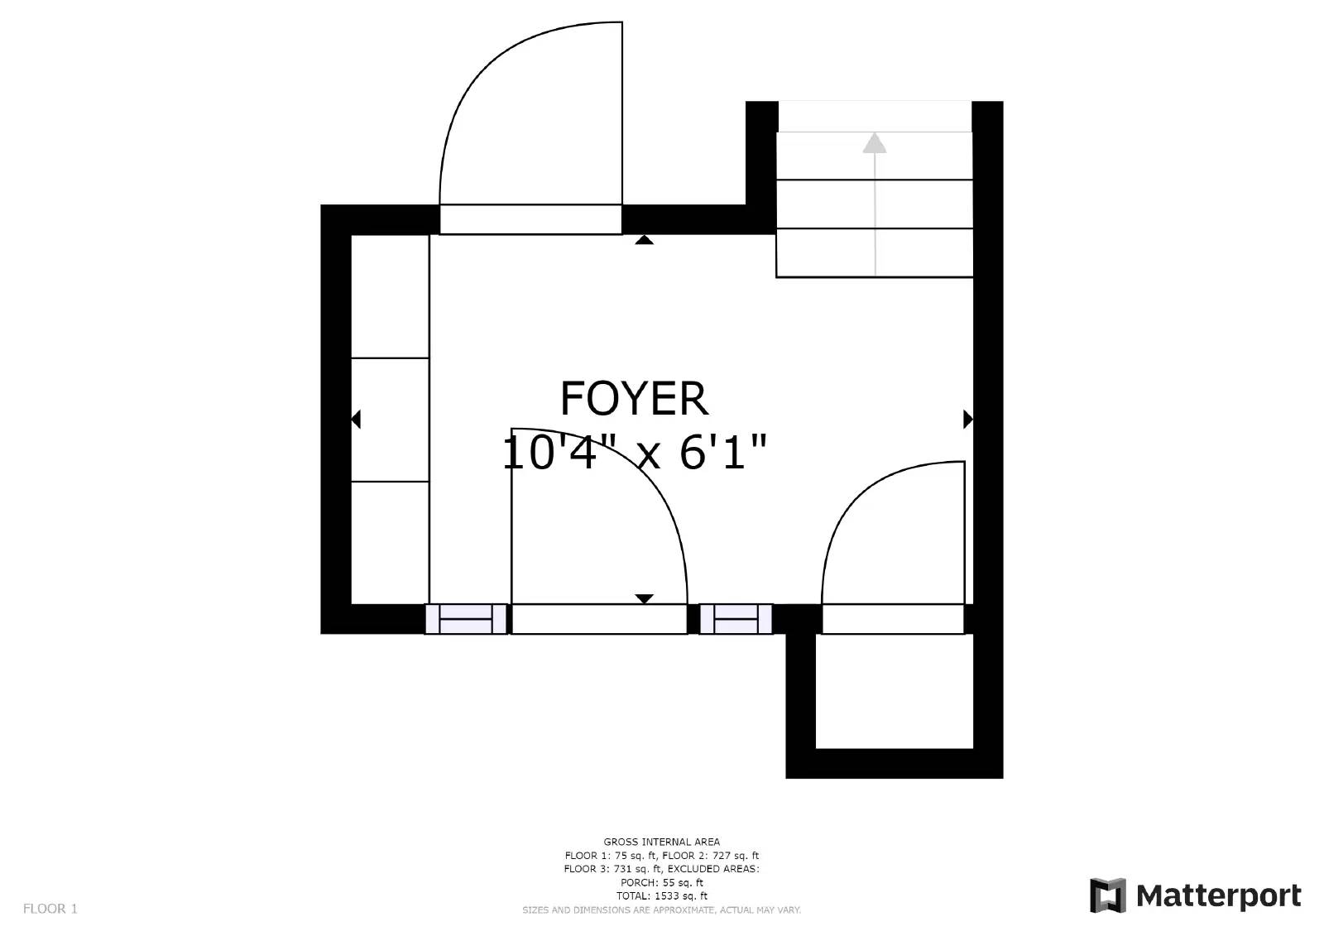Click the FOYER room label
pyautogui.click(x=634, y=399)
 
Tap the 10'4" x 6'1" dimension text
pyautogui.click(x=634, y=453)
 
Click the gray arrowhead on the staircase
pyautogui.click(x=874, y=143)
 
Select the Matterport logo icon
pyautogui.click(x=1108, y=895)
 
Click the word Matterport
pyautogui.click(x=1218, y=896)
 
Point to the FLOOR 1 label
pyautogui.click(x=50, y=909)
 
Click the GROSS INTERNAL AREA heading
pyautogui.click(x=661, y=842)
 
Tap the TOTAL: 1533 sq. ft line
pyautogui.click(x=661, y=895)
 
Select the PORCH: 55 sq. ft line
pyautogui.click(x=661, y=882)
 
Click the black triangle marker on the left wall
pyautogui.click(x=356, y=420)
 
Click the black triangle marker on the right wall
pyautogui.click(x=968, y=420)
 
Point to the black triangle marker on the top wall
pyautogui.click(x=644, y=240)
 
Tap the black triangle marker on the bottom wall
pyautogui.click(x=644, y=598)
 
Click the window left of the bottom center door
pyautogui.click(x=467, y=619)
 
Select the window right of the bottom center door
pyautogui.click(x=736, y=619)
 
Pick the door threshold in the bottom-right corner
pyautogui.click(x=893, y=619)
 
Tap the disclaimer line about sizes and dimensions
pyautogui.click(x=661, y=910)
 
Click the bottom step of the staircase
pyautogui.click(x=874, y=252)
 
